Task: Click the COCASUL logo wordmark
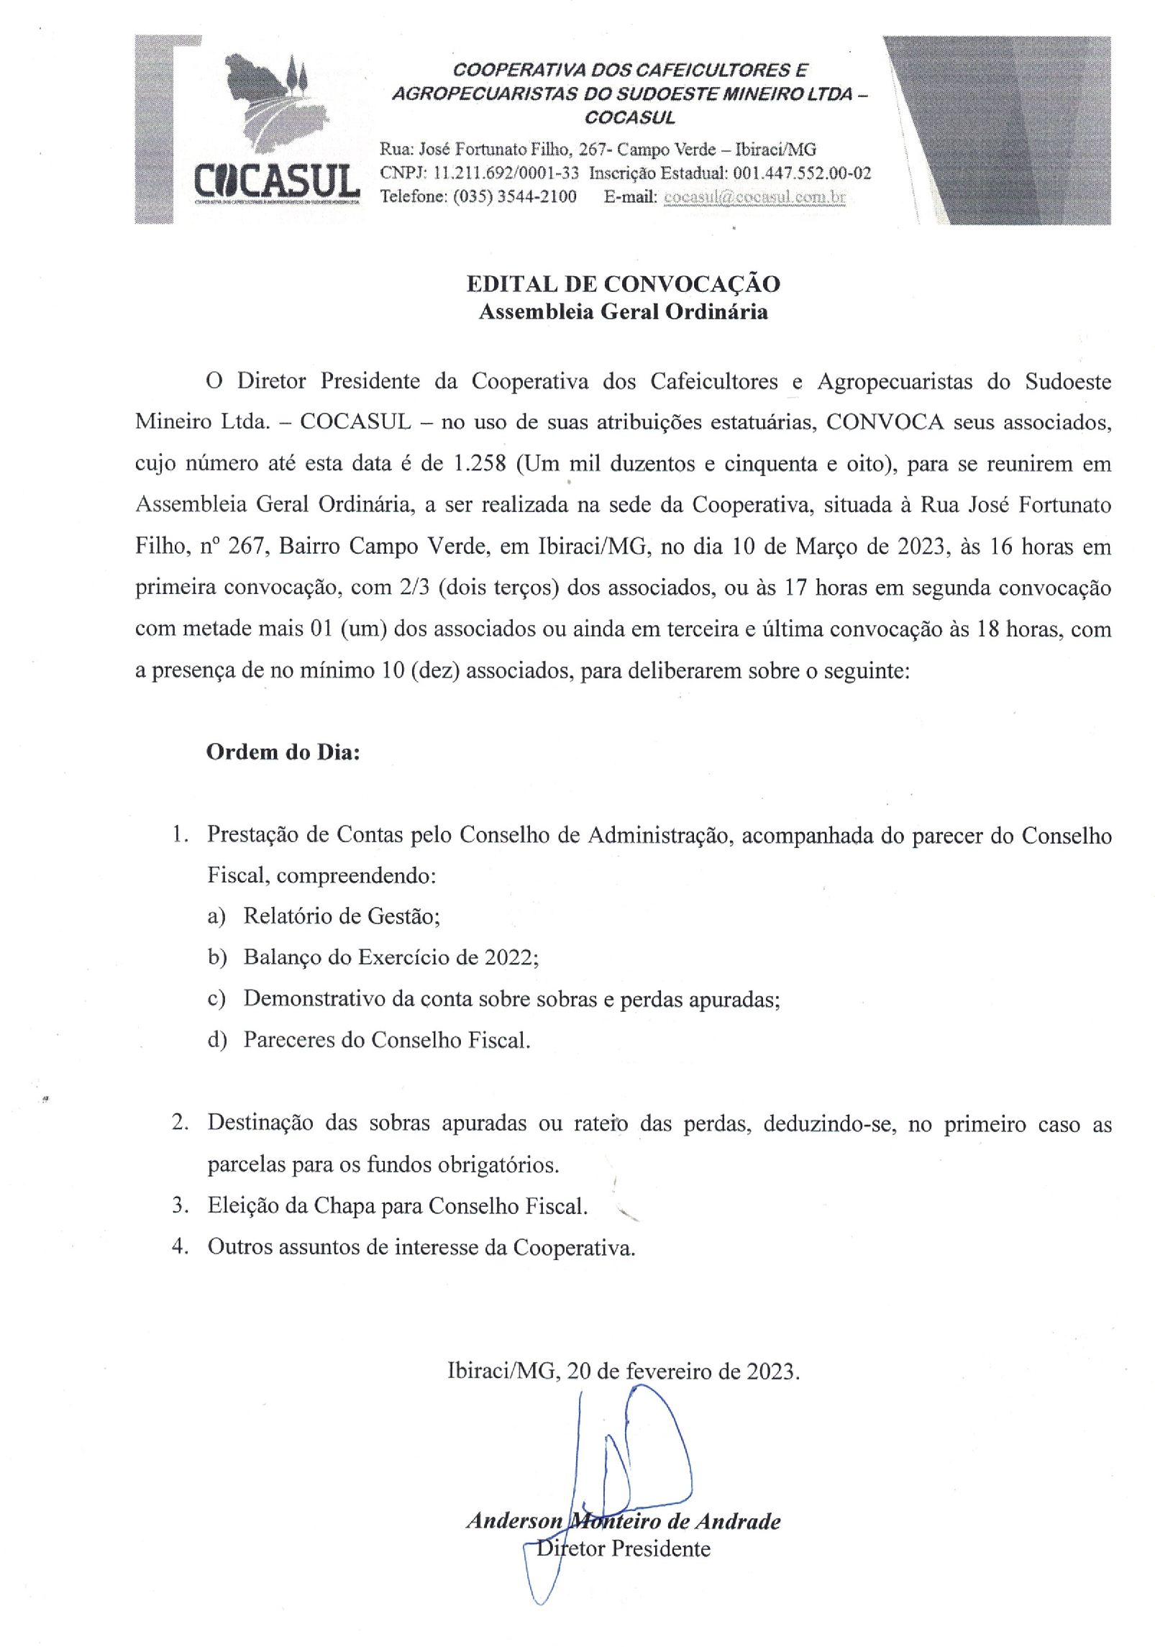pyautogui.click(x=277, y=181)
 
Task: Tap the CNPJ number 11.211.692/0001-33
pyautogui.click(x=506, y=173)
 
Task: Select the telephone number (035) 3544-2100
pyautogui.click(x=514, y=196)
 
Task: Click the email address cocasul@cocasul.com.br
pyautogui.click(x=754, y=196)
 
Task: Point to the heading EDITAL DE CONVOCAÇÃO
pyautogui.click(x=623, y=284)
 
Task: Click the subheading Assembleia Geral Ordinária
pyautogui.click(x=623, y=311)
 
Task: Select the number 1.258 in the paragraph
pyautogui.click(x=480, y=463)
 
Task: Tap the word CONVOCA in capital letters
pyautogui.click(x=884, y=422)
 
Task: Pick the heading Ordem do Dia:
pyautogui.click(x=283, y=752)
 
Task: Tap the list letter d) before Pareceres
pyautogui.click(x=216, y=1040)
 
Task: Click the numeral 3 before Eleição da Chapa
pyautogui.click(x=178, y=1205)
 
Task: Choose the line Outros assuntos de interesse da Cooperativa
pyautogui.click(x=421, y=1246)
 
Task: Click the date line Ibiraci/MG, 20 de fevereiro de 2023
pyautogui.click(x=623, y=1371)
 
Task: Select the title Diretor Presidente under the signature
pyautogui.click(x=623, y=1548)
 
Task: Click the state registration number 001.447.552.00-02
pyautogui.click(x=802, y=173)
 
